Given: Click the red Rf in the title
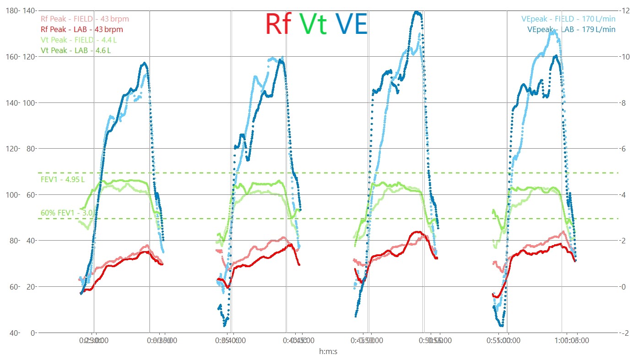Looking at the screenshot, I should [279, 24].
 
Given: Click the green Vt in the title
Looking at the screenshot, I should [314, 24].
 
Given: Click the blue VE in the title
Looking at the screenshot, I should [351, 24].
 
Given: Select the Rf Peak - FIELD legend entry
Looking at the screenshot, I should [85, 19].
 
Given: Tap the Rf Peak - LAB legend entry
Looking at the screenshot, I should [82, 29].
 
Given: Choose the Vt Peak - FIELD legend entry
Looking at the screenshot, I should [76, 40].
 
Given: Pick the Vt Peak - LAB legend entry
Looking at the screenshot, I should [76, 50].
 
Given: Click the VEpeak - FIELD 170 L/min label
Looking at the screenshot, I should [568, 19].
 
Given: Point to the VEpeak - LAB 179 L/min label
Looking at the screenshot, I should [571, 29].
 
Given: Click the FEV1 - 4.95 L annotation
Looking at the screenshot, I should [63, 179].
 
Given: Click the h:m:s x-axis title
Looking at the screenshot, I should [328, 351].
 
